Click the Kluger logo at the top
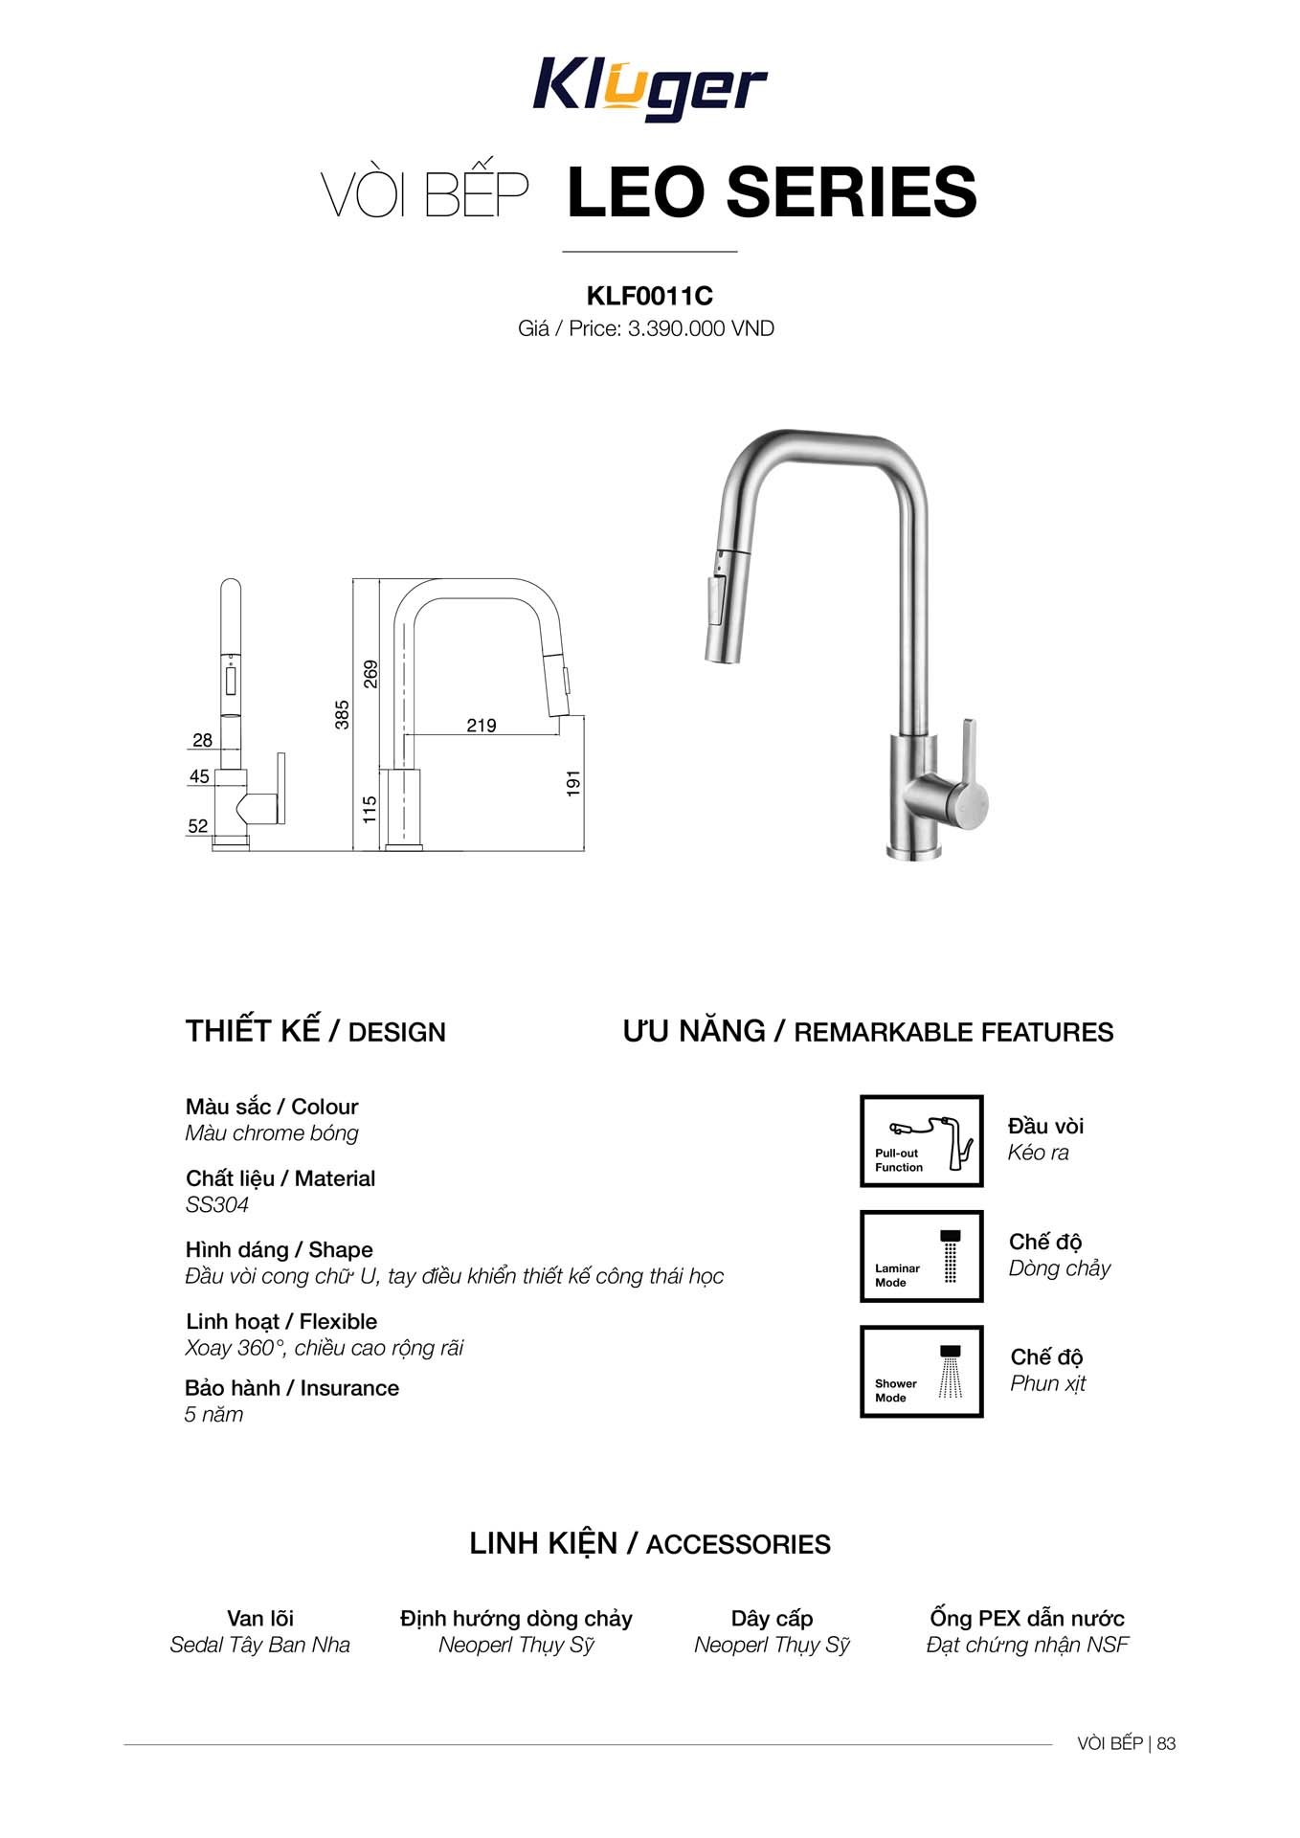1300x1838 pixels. coord(649,89)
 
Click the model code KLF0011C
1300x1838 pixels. coord(649,296)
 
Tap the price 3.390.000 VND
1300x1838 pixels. coord(700,328)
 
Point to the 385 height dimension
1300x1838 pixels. coord(342,714)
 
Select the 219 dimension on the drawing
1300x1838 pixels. coord(481,726)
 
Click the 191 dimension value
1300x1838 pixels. coord(573,783)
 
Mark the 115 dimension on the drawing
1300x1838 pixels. coord(370,809)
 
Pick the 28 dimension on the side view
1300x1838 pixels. coord(202,740)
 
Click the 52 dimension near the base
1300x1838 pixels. coord(198,826)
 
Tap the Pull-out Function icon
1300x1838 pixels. coord(921,1141)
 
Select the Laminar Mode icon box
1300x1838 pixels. coord(921,1256)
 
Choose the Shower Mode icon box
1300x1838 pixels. coord(921,1371)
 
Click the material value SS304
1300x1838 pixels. coord(217,1205)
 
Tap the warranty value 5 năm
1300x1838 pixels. coord(213,1415)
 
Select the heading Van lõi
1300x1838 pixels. coord(259,1619)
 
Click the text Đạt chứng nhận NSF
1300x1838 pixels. coord(1027,1645)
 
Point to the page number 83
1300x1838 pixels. coord(1166,1743)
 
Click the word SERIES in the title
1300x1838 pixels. coord(852,192)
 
